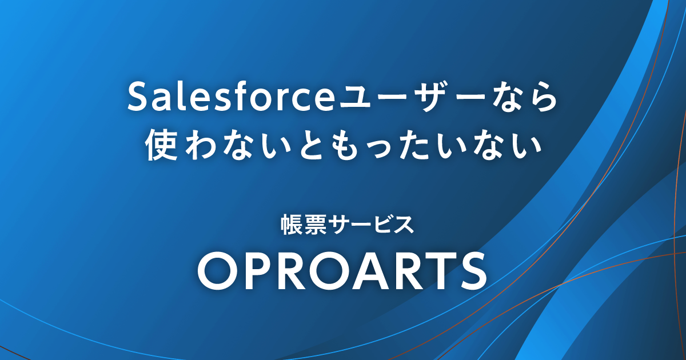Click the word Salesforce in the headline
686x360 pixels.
point(230,97)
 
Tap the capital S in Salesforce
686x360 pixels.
point(138,97)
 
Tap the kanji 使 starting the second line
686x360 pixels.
point(161,145)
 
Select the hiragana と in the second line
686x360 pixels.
point(315,145)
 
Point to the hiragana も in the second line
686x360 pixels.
point(350,145)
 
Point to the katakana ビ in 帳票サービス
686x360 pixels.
point(381,225)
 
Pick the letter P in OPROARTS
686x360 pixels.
point(254,270)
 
